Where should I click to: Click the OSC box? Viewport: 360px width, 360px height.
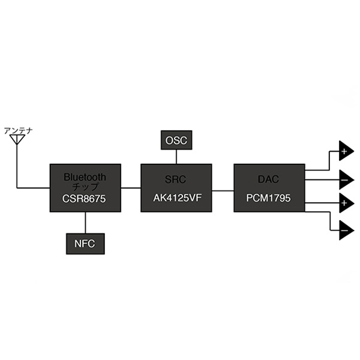point(176,141)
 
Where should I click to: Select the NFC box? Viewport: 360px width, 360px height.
point(85,244)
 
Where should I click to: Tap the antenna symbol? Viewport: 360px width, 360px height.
point(17,140)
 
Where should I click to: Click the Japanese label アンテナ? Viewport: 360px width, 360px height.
point(18,130)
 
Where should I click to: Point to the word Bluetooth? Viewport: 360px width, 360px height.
point(85,177)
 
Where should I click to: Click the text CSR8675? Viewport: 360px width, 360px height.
point(85,198)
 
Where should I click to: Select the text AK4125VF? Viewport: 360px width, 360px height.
point(176,198)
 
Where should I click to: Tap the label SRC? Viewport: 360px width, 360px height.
point(176,179)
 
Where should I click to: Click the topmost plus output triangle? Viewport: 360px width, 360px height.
point(345,152)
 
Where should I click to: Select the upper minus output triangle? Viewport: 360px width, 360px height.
point(345,178)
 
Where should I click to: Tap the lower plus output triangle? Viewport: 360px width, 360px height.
point(345,204)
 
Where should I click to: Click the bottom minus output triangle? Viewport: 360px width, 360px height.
point(345,230)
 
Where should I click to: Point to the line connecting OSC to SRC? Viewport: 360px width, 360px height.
point(176,157)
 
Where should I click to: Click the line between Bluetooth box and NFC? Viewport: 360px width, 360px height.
point(85,221)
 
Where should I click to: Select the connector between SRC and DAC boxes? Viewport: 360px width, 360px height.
point(223,190)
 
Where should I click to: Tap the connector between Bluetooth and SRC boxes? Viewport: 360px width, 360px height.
point(130,188)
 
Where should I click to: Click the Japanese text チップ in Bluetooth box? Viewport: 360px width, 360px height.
point(85,187)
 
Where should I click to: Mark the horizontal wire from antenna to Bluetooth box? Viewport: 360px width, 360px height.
point(33,188)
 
